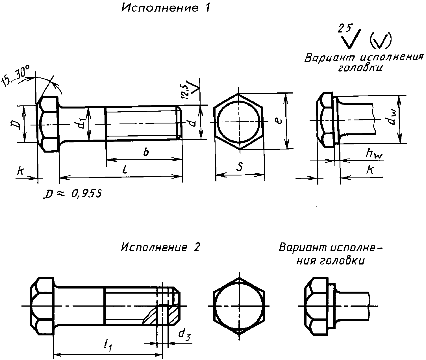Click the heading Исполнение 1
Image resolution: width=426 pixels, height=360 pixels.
click(x=166, y=8)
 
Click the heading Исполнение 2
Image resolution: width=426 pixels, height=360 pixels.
click(x=160, y=247)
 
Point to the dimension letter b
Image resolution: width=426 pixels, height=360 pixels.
click(x=146, y=152)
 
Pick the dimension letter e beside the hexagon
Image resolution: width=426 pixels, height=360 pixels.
click(x=279, y=121)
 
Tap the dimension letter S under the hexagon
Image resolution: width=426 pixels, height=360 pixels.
click(x=240, y=166)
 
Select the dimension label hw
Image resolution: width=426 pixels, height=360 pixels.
click(x=374, y=153)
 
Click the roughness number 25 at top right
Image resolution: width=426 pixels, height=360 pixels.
click(x=345, y=28)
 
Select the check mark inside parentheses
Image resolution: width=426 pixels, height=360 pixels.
click(x=381, y=40)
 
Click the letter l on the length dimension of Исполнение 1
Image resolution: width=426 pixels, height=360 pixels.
click(x=125, y=169)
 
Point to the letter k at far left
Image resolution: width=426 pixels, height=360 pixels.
click(x=20, y=171)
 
